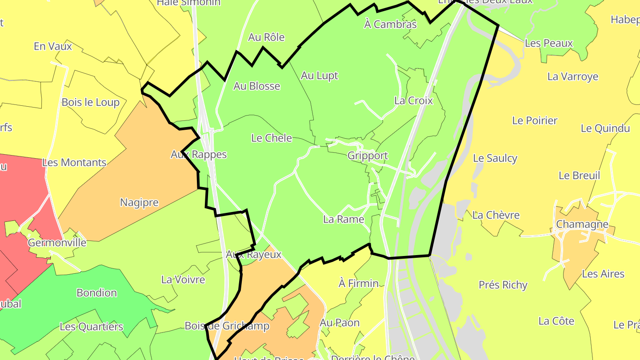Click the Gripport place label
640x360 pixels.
click(x=368, y=156)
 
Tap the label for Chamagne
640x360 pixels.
click(x=582, y=224)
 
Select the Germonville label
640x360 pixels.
click(x=57, y=243)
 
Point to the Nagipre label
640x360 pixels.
click(x=139, y=203)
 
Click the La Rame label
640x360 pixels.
click(x=344, y=219)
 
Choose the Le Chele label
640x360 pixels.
click(x=272, y=138)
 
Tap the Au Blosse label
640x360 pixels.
click(x=257, y=86)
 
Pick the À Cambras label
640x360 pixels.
click(x=390, y=24)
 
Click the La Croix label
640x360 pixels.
click(x=413, y=100)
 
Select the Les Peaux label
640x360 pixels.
click(x=549, y=43)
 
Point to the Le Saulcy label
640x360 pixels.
click(x=495, y=158)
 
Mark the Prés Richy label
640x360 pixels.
click(x=503, y=285)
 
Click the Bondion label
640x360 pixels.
click(x=96, y=293)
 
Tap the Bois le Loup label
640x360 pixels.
click(x=90, y=102)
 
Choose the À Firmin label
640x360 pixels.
click(x=358, y=283)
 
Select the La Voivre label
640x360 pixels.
click(x=183, y=280)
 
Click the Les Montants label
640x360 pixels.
click(x=74, y=163)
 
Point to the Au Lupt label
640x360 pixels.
click(x=319, y=76)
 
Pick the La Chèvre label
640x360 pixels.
click(x=496, y=215)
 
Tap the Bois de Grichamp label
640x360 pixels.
click(x=227, y=326)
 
